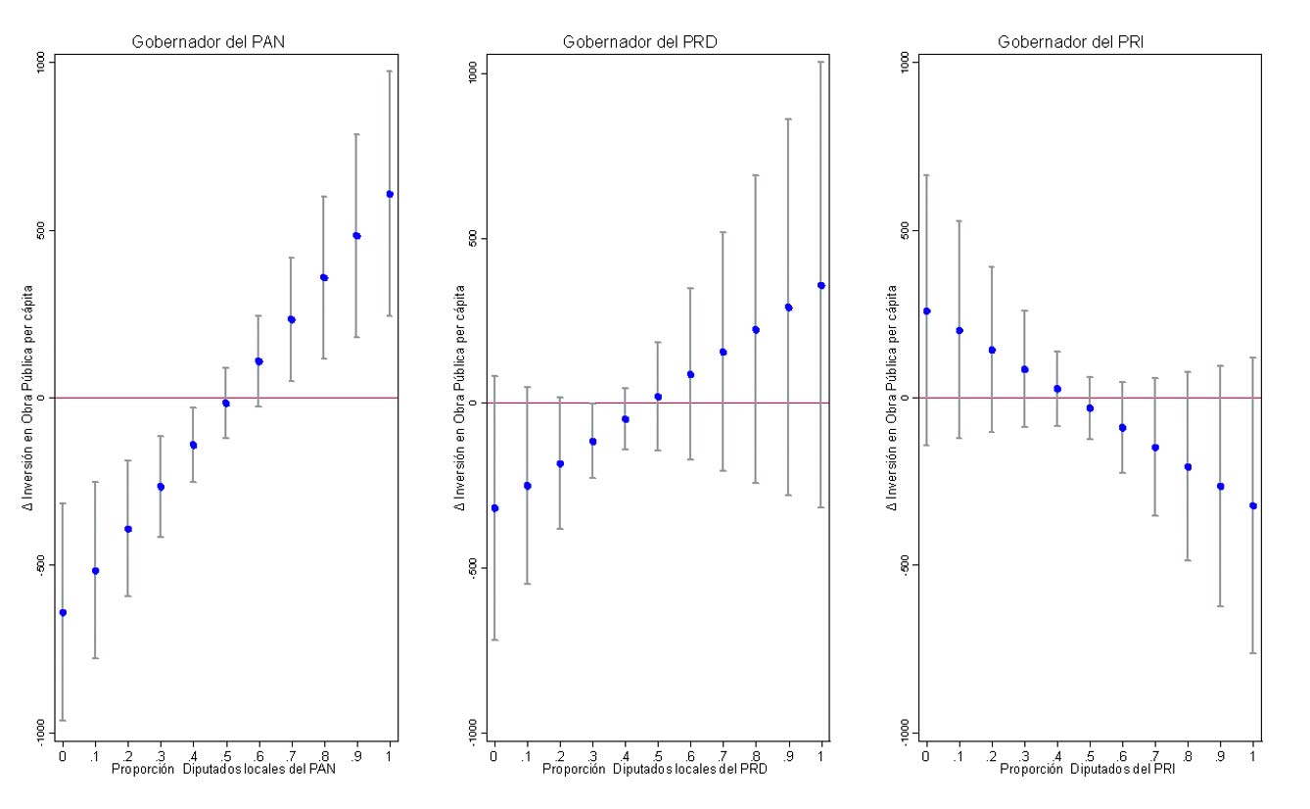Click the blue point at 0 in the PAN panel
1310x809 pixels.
pyautogui.click(x=63, y=612)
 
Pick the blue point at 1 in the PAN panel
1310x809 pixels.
pyautogui.click(x=390, y=194)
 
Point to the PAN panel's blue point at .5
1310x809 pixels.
pyautogui.click(x=226, y=403)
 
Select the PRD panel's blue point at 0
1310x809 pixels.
pyautogui.click(x=494, y=508)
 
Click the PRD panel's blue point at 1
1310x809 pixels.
pyautogui.click(x=820, y=285)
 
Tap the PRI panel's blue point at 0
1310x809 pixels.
pyautogui.click(x=926, y=310)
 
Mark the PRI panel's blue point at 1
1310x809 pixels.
pyautogui.click(x=1253, y=505)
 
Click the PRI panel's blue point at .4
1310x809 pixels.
pyautogui.click(x=1057, y=389)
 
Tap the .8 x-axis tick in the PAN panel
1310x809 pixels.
pyautogui.click(x=324, y=755)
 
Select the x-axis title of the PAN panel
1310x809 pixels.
pyautogui.click(x=225, y=769)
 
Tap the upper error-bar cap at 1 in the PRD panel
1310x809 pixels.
pyautogui.click(x=820, y=62)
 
